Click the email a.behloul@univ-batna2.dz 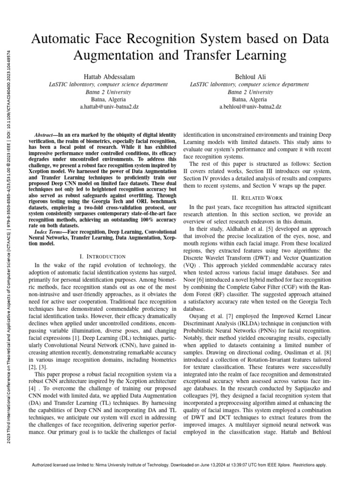[250, 107]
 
